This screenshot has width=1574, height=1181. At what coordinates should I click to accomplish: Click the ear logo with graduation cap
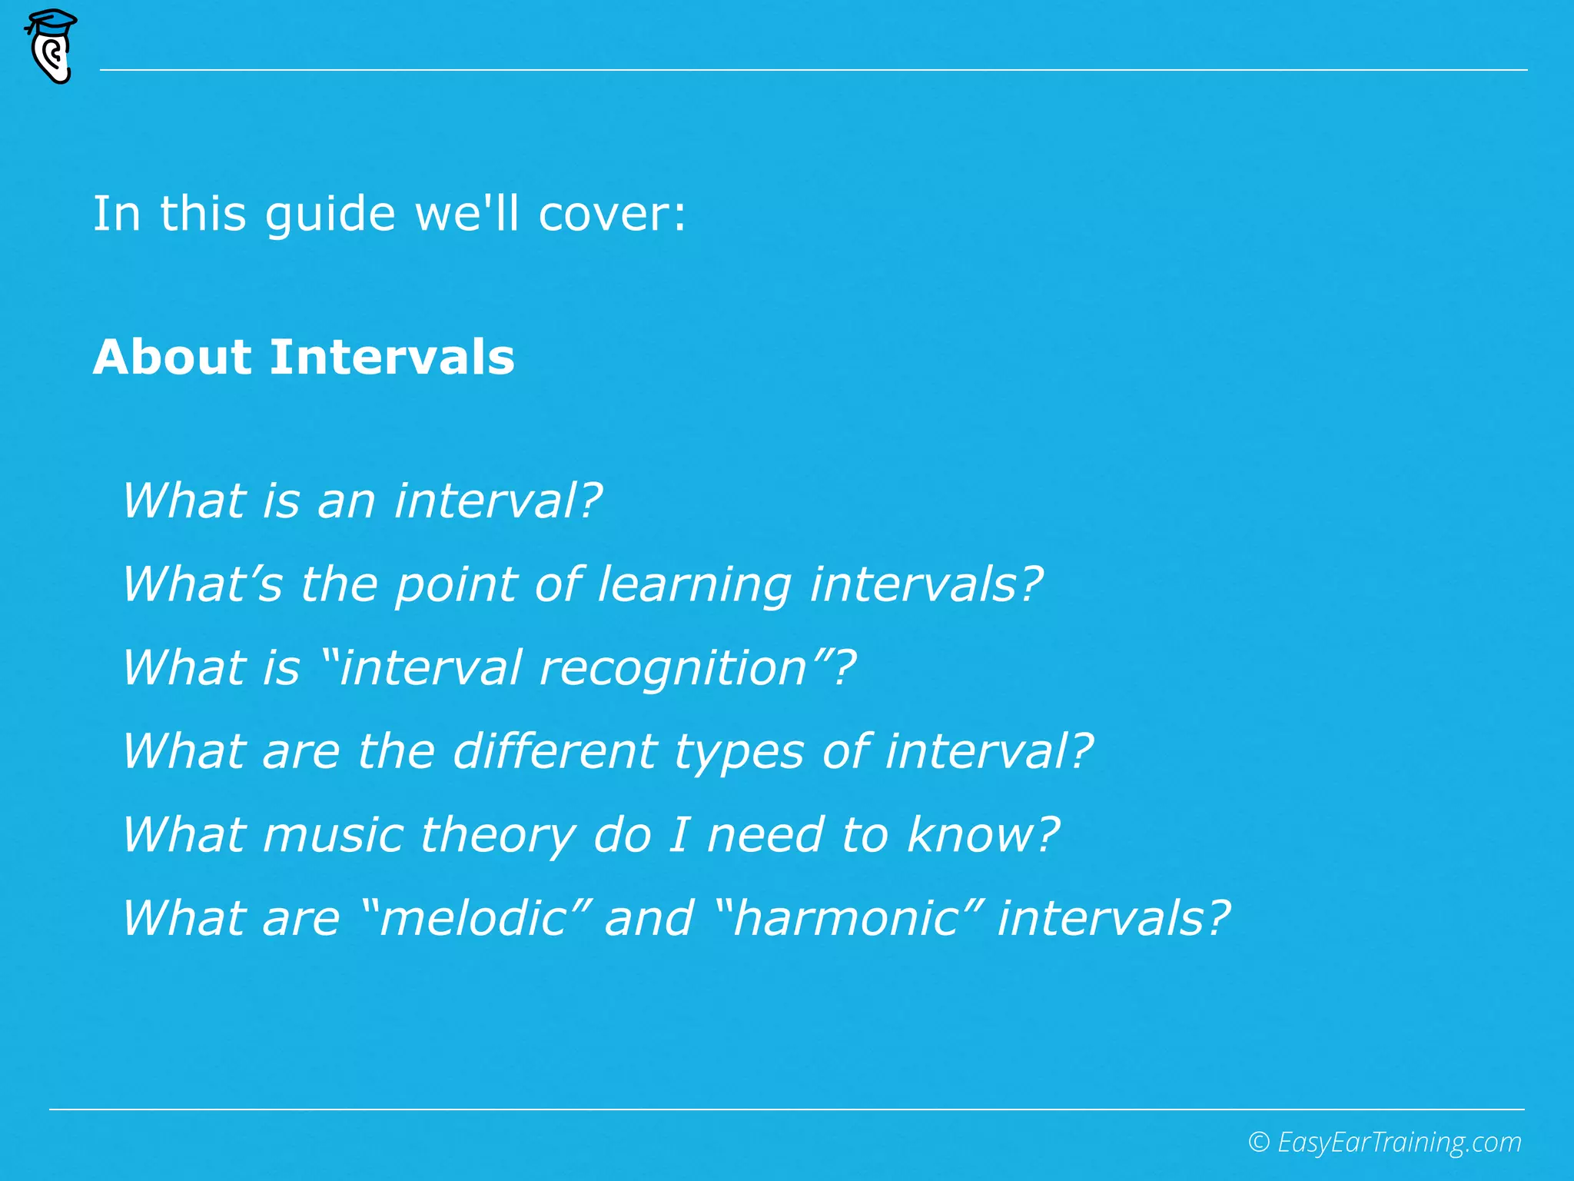(51, 46)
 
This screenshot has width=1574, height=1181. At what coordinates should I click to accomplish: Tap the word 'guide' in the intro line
(330, 215)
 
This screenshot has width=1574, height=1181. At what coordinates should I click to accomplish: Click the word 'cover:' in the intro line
(612, 214)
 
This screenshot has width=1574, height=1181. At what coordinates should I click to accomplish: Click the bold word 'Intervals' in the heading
(392, 358)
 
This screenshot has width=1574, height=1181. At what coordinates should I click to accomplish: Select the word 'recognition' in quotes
(673, 668)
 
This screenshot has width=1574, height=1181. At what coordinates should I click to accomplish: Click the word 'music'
(333, 834)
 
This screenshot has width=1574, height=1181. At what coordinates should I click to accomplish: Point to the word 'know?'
(983, 834)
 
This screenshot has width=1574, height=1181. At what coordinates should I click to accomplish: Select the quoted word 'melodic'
(473, 918)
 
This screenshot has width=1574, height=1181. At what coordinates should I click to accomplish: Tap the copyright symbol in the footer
(1258, 1142)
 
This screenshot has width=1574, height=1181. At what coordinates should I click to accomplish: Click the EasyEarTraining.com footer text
(1399, 1143)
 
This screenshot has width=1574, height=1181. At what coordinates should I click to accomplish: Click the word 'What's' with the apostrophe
(203, 584)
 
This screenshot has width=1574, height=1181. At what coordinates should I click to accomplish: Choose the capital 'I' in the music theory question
(678, 834)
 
